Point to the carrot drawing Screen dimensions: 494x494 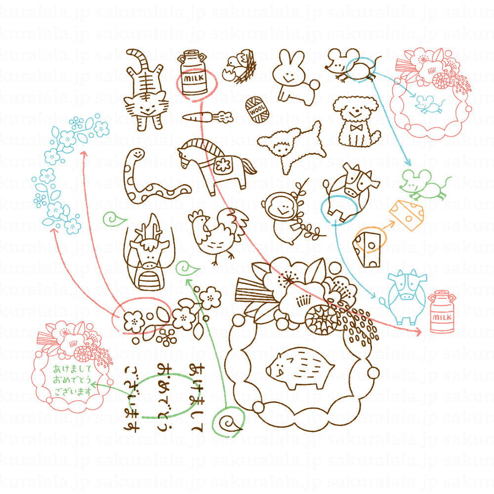click(x=205, y=117)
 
